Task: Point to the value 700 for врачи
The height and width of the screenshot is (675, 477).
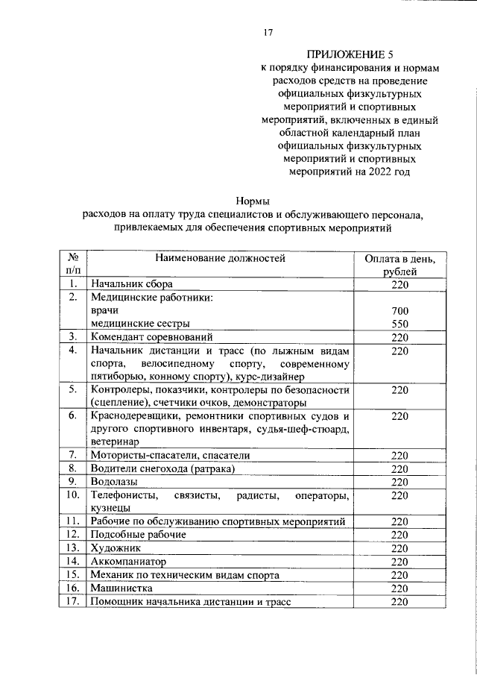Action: [x=399, y=310]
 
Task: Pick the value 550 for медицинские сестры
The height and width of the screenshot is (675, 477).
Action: [x=399, y=324]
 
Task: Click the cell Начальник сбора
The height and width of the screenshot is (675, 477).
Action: [x=132, y=284]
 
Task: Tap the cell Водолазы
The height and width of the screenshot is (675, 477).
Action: [x=114, y=482]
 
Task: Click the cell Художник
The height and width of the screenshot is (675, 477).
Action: [x=116, y=547]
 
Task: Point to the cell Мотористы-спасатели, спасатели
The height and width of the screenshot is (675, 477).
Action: [x=170, y=455]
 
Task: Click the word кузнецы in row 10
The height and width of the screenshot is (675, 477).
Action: [x=112, y=508]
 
